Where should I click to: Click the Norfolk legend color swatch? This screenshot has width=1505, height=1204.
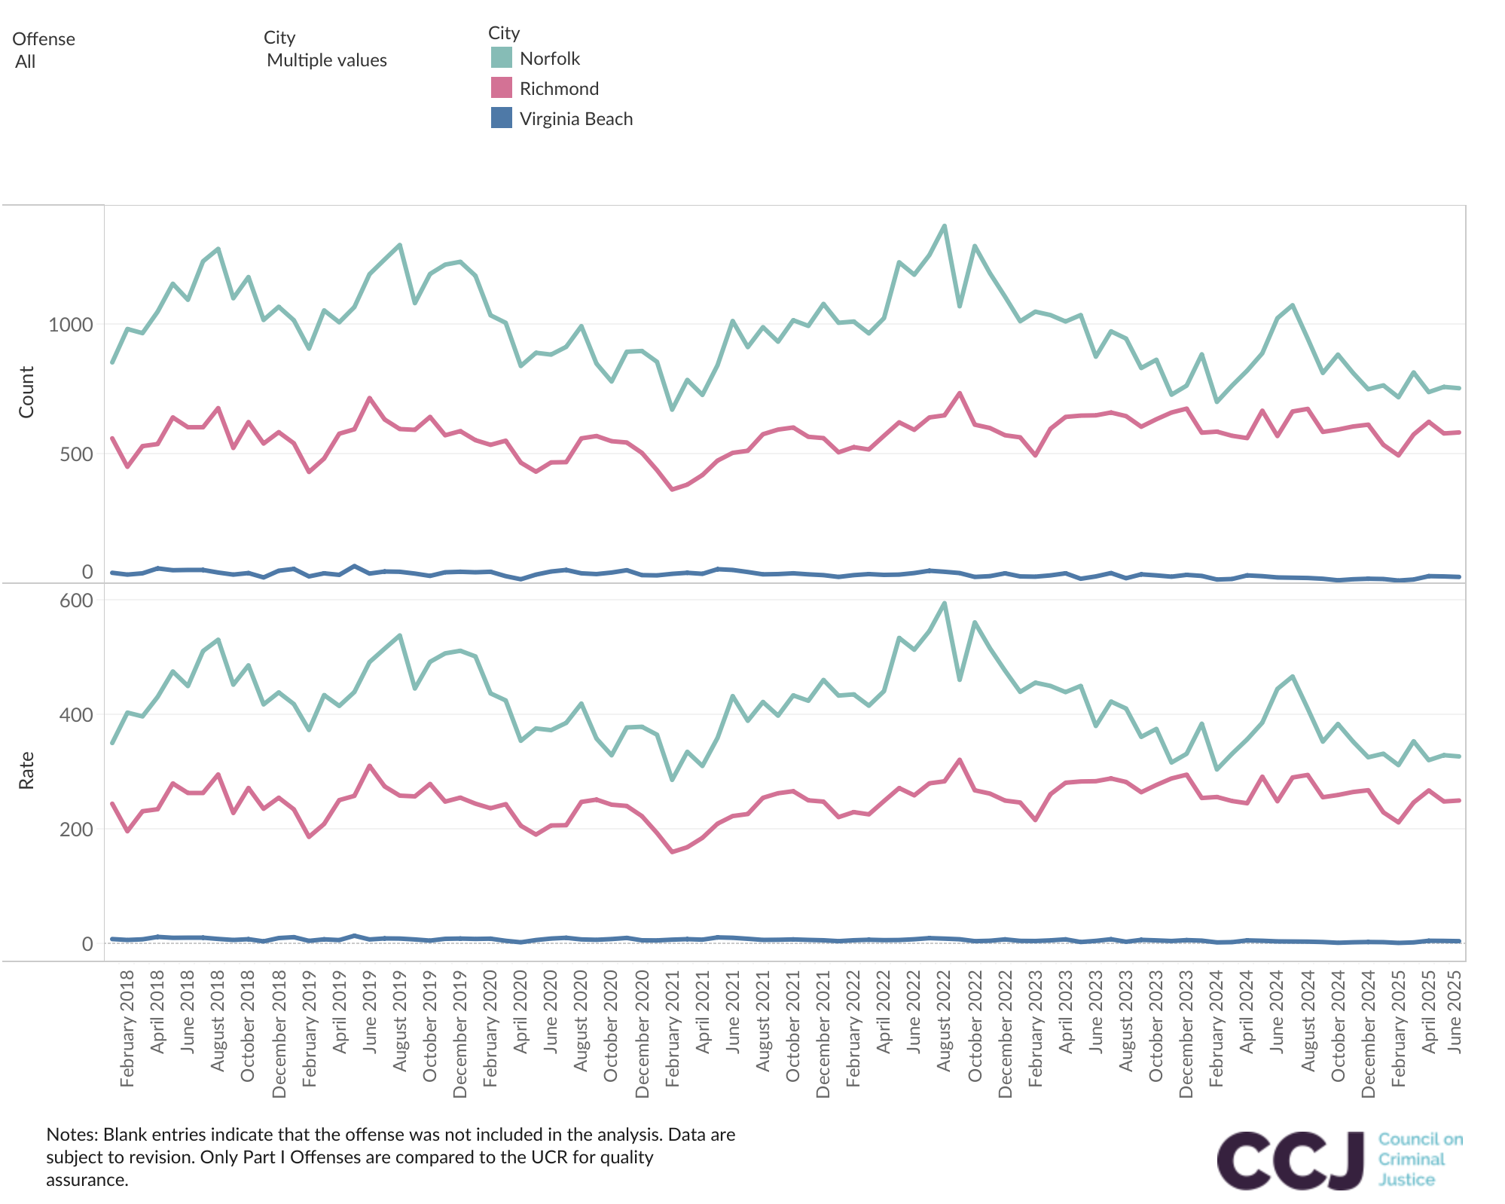click(501, 58)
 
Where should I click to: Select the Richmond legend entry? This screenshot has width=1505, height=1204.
click(559, 89)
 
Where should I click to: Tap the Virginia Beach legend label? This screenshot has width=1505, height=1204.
click(576, 119)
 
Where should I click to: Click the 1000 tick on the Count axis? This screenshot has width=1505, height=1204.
click(71, 325)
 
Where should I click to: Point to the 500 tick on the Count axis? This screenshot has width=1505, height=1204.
click(76, 454)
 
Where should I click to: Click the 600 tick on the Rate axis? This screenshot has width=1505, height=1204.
click(76, 600)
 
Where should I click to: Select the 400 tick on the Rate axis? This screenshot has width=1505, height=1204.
click(76, 715)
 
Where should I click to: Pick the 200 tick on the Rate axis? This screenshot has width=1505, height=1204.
click(76, 830)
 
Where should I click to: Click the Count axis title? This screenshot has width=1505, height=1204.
click(26, 392)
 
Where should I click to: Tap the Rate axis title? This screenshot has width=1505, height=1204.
click(26, 770)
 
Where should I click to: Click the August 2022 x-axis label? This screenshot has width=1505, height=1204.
click(945, 1020)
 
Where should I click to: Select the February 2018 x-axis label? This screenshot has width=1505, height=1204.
click(127, 1028)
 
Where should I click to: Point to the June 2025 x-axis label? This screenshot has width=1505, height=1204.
click(1455, 1011)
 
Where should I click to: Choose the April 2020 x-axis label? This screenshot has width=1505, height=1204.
click(520, 1011)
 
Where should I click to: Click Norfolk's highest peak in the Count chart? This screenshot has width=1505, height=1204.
click(945, 226)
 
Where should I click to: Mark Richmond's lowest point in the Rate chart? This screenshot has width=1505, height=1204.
click(672, 852)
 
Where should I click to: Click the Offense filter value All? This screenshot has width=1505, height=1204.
click(26, 62)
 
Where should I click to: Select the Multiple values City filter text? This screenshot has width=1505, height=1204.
click(327, 60)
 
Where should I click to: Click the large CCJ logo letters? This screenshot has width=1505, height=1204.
click(1290, 1160)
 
